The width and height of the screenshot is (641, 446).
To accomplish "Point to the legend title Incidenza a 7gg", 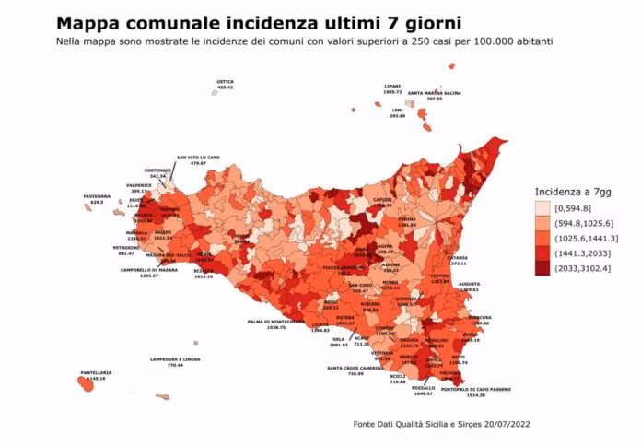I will [570, 191].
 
